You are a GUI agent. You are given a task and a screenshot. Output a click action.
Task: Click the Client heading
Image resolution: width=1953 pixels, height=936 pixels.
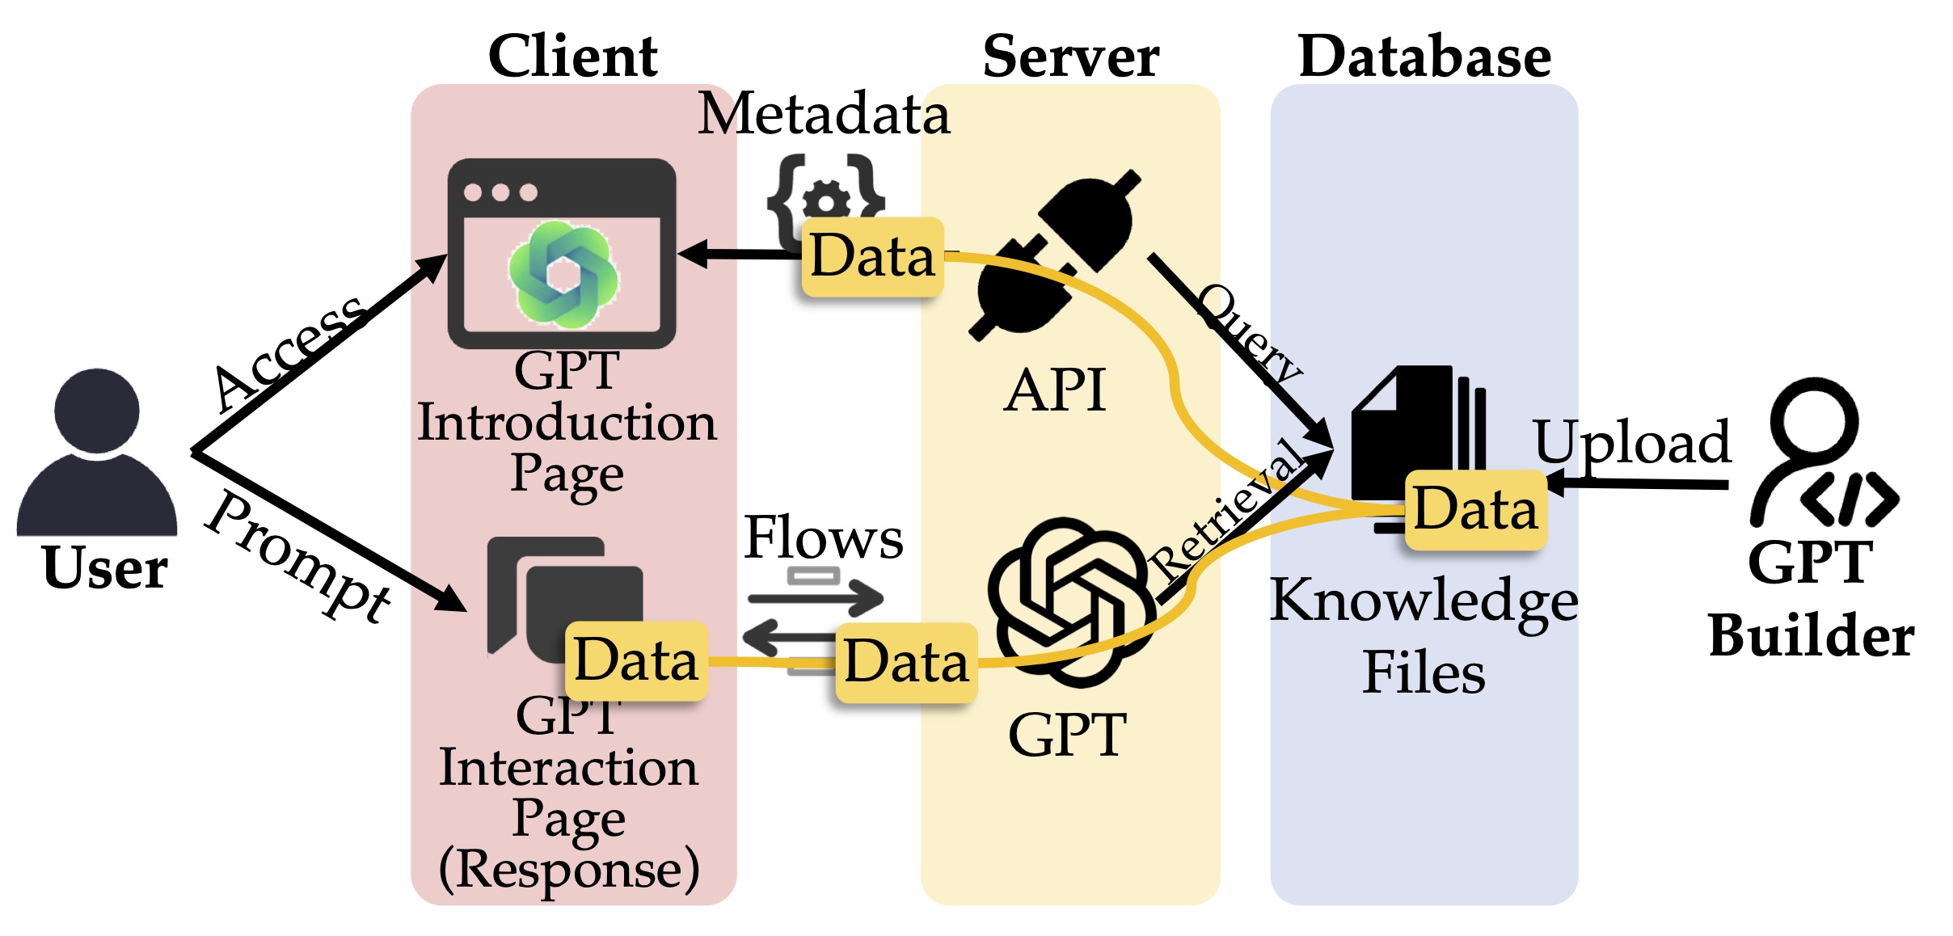pyautogui.click(x=573, y=56)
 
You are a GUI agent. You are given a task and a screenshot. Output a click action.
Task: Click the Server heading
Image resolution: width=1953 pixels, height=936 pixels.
pyautogui.click(x=1071, y=56)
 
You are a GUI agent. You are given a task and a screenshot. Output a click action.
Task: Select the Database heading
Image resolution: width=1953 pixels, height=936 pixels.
pyautogui.click(x=1424, y=56)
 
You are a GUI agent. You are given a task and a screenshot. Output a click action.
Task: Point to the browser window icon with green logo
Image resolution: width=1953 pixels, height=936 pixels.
pyautogui.click(x=562, y=253)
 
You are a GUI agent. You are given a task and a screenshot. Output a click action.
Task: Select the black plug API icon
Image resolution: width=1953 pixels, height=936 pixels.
pyautogui.click(x=1055, y=255)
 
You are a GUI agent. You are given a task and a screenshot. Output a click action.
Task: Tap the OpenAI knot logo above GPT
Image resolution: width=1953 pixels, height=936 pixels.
pyautogui.click(x=1071, y=602)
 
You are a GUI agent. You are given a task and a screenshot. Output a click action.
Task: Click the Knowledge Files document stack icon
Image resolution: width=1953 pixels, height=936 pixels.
pyautogui.click(x=1419, y=449)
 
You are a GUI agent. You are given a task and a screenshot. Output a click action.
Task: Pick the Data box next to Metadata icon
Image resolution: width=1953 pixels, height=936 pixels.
pyautogui.click(x=872, y=256)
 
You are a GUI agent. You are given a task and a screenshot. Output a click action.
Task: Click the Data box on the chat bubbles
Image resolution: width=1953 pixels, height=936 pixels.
pyautogui.click(x=636, y=660)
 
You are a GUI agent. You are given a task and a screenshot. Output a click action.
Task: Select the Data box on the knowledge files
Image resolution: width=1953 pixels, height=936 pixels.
pyautogui.click(x=1475, y=509)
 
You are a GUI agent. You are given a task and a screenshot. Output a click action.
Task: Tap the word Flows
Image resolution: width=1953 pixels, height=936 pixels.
pyautogui.click(x=823, y=537)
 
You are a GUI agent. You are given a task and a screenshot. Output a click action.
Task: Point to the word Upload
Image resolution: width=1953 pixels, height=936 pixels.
pyautogui.click(x=1632, y=445)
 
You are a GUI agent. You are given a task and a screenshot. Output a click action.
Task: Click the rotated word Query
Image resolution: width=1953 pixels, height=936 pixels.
pyautogui.click(x=1250, y=333)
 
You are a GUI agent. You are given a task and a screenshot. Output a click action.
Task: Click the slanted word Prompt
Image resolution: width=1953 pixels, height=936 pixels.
pyautogui.click(x=297, y=558)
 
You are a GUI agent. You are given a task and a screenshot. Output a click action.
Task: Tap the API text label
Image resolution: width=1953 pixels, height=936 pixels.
pyautogui.click(x=1054, y=390)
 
